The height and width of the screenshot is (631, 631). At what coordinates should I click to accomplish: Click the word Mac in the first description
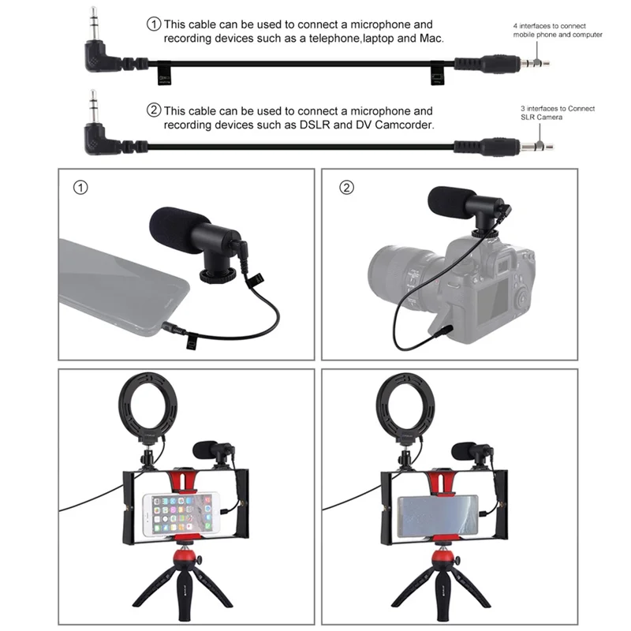click(x=431, y=38)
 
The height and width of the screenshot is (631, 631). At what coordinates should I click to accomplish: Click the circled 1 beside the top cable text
click(x=154, y=24)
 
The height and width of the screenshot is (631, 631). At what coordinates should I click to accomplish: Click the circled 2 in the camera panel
click(x=346, y=188)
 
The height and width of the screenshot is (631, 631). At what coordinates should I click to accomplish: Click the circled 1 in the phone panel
click(x=79, y=188)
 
